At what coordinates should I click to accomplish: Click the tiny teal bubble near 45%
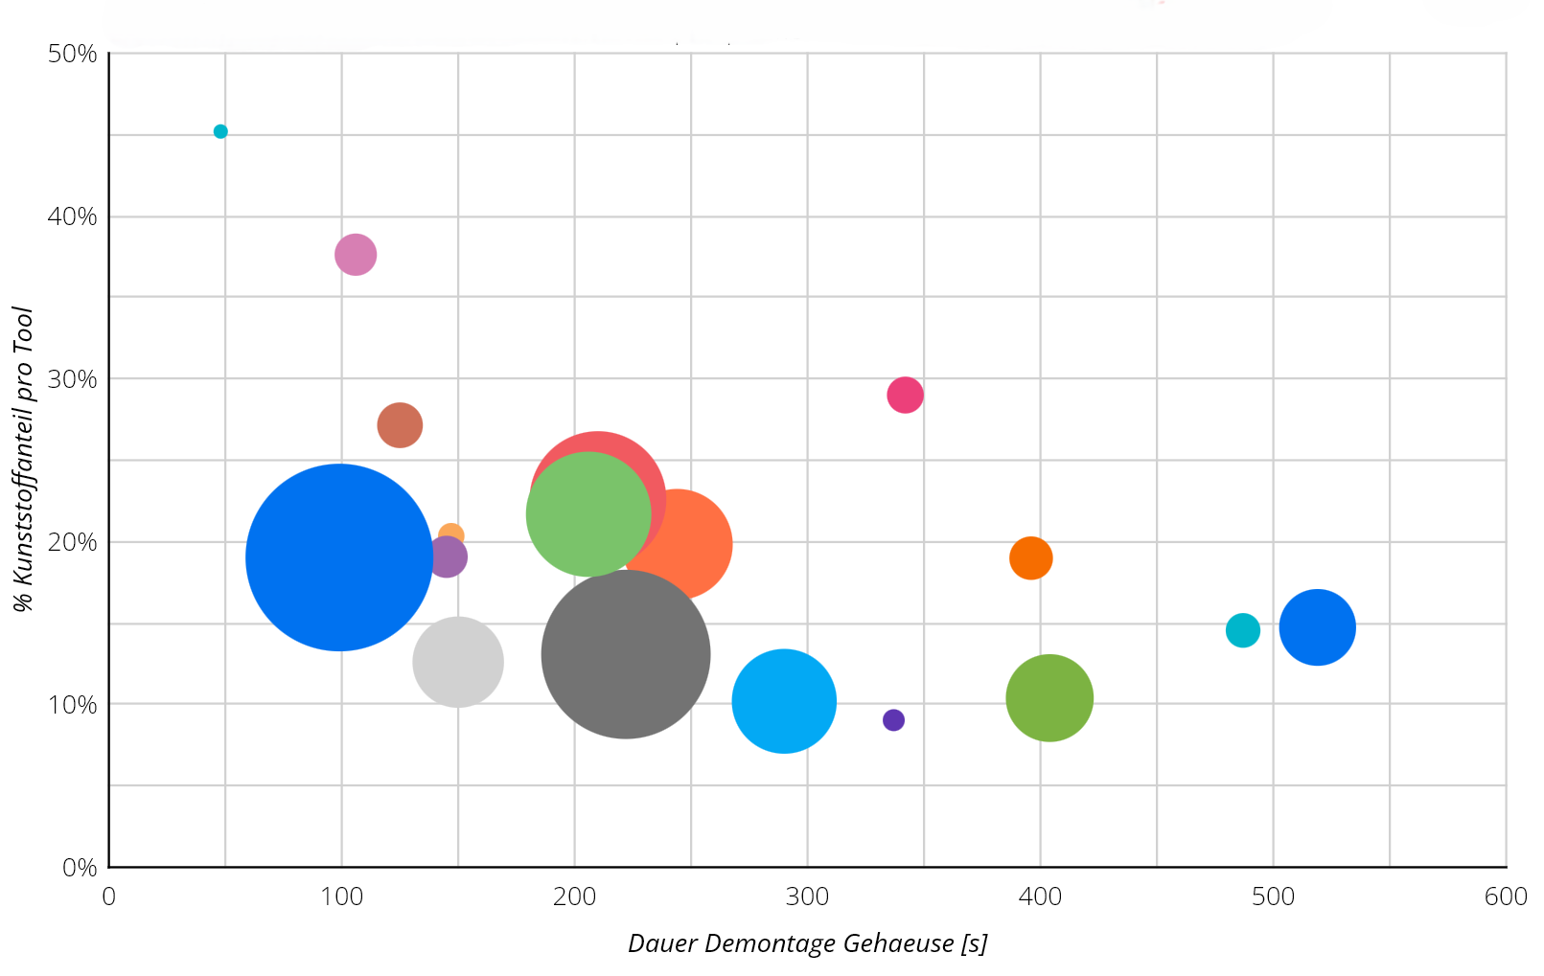pos(220,131)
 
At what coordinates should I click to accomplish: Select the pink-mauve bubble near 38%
pos(356,255)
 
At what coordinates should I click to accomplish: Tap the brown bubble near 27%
pos(400,425)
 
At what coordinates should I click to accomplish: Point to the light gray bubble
pos(458,662)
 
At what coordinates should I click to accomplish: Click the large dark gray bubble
pos(626,654)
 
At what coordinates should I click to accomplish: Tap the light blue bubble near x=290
pos(784,701)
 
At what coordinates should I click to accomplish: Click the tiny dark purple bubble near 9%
pos(893,720)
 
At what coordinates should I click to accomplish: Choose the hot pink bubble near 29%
pos(905,395)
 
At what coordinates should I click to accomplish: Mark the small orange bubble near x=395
pos(1030,558)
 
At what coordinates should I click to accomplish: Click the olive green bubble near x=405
pos(1049,698)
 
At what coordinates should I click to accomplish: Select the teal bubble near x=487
pos(1242,630)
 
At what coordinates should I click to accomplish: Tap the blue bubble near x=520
pos(1317,627)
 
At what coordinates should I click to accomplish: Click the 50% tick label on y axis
pos(73,54)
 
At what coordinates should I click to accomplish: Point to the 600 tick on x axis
pos(1506,897)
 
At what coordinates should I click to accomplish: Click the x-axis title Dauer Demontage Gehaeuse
pos(807,943)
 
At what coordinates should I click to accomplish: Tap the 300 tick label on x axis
pos(807,897)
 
